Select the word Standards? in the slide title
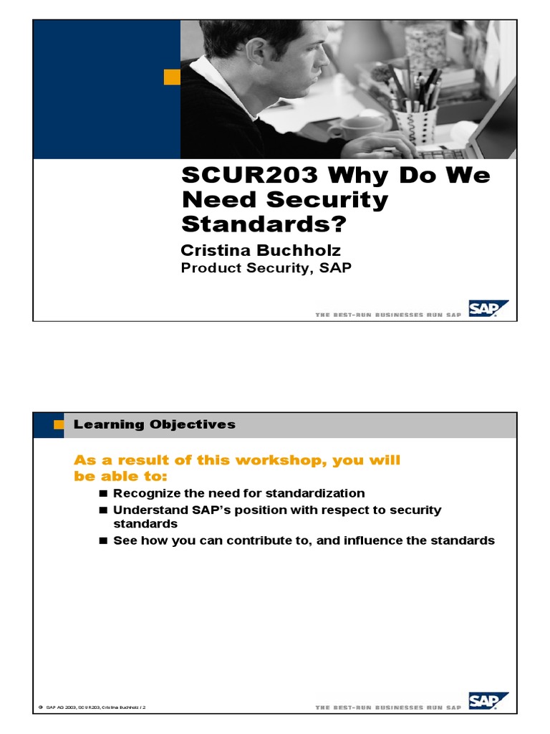[263, 224]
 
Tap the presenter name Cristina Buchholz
[261, 250]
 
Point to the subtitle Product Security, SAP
[266, 268]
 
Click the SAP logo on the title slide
[488, 309]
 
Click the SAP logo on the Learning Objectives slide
[488, 701]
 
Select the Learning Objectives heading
[154, 424]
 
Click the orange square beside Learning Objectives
[59, 425]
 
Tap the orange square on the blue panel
[172, 77]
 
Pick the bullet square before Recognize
[103, 494]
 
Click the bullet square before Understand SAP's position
[103, 510]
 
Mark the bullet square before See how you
[103, 541]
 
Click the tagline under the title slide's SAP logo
[388, 315]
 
